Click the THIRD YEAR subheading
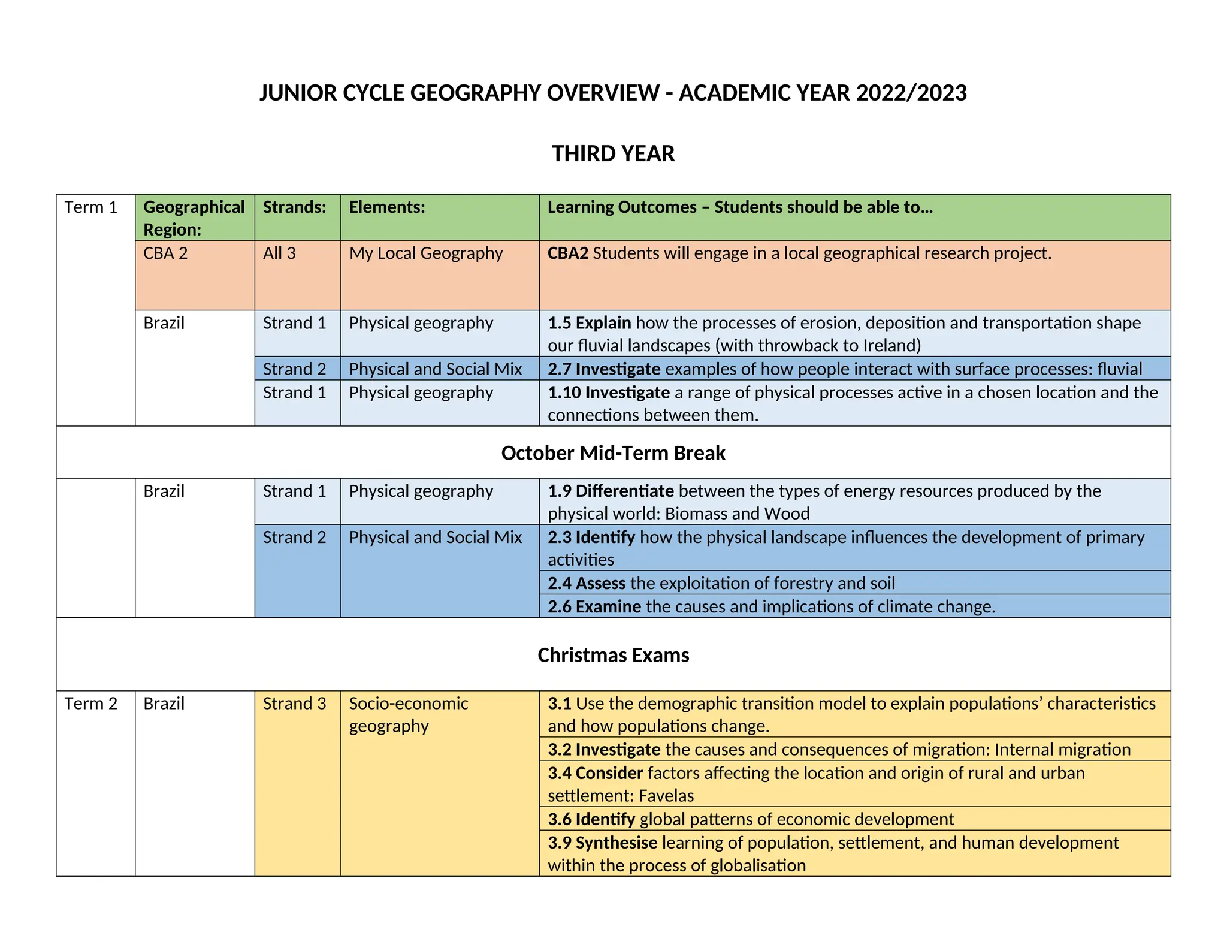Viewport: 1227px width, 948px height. [613, 153]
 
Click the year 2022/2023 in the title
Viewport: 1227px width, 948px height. [911, 93]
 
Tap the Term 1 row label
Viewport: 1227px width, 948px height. [90, 207]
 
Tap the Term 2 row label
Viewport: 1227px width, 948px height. [90, 703]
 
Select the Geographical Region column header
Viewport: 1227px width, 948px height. [194, 218]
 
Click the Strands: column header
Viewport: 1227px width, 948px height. [294, 207]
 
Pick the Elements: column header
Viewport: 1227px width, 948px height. [386, 207]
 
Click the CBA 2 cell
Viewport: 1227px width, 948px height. [165, 253]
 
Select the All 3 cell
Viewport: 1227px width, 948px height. [279, 253]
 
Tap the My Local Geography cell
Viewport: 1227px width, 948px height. [425, 253]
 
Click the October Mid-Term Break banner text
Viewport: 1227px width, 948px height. [613, 453]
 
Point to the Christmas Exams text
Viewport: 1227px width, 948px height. [613, 655]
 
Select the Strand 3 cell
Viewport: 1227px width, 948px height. [294, 703]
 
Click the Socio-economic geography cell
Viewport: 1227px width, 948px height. [408, 714]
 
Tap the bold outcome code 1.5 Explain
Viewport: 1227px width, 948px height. [589, 323]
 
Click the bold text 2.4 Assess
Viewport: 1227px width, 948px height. [586, 583]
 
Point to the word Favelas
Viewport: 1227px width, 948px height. [666, 796]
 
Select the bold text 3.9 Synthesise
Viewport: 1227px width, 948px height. [602, 843]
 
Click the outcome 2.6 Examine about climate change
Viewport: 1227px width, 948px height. [771, 606]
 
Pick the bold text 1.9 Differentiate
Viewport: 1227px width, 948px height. [611, 491]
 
